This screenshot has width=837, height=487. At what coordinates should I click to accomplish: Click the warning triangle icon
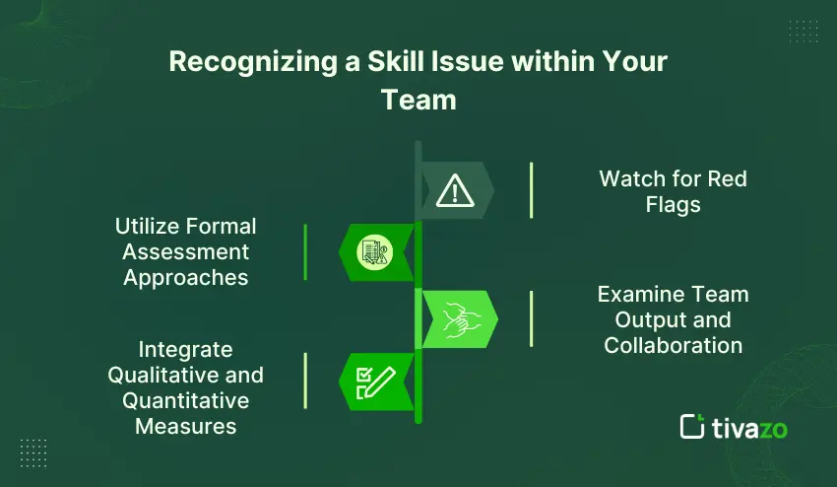454,189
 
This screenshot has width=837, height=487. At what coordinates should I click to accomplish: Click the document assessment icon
374,251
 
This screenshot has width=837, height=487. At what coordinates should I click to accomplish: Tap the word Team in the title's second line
418,100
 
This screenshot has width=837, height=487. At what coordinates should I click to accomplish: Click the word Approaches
185,277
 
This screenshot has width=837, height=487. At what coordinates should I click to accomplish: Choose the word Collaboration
674,345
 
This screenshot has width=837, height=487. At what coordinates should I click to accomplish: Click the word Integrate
185,349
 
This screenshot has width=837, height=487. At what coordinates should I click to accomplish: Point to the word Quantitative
185,400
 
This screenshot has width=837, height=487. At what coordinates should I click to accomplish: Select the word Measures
185,426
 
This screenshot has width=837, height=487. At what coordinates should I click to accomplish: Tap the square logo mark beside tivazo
692,426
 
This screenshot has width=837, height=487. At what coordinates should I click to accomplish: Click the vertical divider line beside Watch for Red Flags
531,190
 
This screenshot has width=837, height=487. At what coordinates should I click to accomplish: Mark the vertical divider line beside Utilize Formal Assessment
305,251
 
